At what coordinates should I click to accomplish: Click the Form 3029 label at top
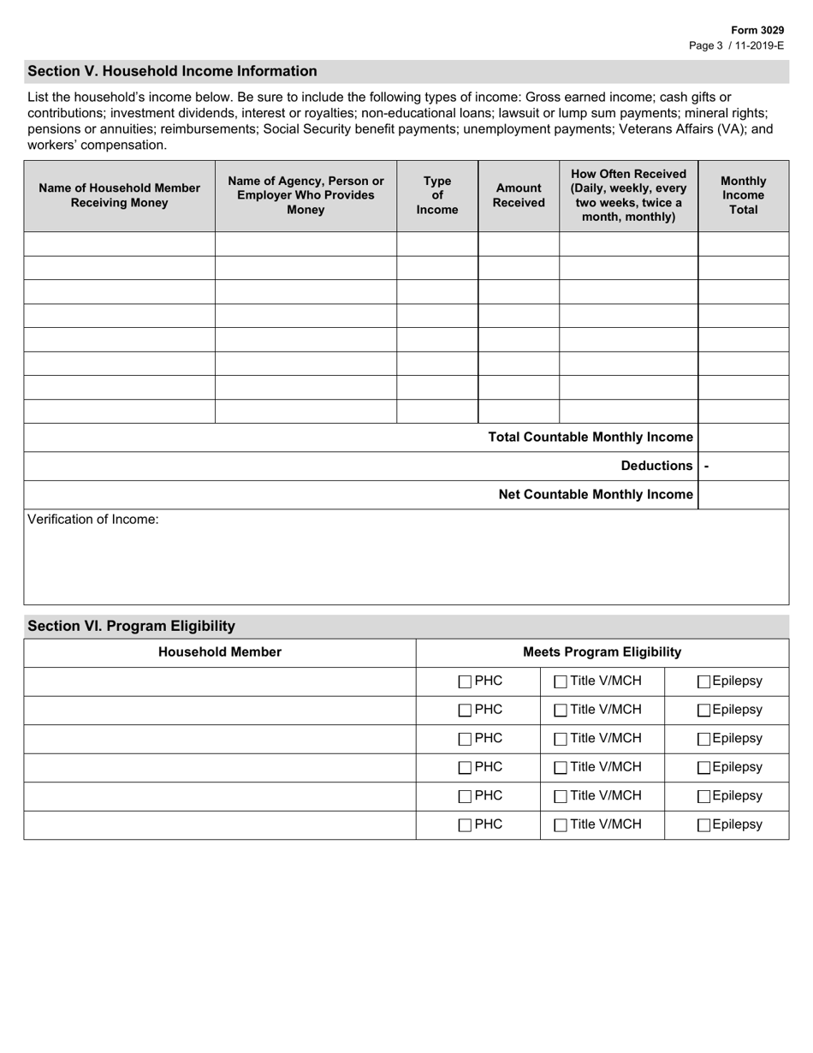pos(757,30)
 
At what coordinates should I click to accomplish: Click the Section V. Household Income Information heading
pos(172,71)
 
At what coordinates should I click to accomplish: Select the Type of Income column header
pos(436,196)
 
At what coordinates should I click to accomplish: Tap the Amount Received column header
pos(519,195)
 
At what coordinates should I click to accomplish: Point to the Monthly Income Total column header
pos(743,195)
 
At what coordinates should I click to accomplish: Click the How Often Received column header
pos(628,195)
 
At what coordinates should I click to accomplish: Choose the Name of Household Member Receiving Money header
pos(119,195)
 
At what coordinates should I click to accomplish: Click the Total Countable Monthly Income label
pos(590,437)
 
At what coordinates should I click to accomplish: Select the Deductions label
pos(656,466)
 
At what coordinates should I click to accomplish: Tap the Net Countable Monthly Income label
pos(595,495)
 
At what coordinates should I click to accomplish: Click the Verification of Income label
pos(93,520)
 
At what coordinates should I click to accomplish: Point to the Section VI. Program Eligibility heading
pos(131,626)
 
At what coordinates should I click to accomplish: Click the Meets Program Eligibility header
pos(602,652)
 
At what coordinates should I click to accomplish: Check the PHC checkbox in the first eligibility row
pos(465,682)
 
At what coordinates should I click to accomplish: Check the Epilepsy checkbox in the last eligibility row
pos(703,825)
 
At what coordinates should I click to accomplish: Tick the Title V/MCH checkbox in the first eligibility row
pos(561,682)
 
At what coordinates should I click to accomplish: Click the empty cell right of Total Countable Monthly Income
pos(743,437)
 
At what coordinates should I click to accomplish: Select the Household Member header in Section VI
pos(220,652)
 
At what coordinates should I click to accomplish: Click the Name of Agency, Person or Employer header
pos(306,195)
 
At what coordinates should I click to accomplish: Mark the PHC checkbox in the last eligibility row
pos(465,825)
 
